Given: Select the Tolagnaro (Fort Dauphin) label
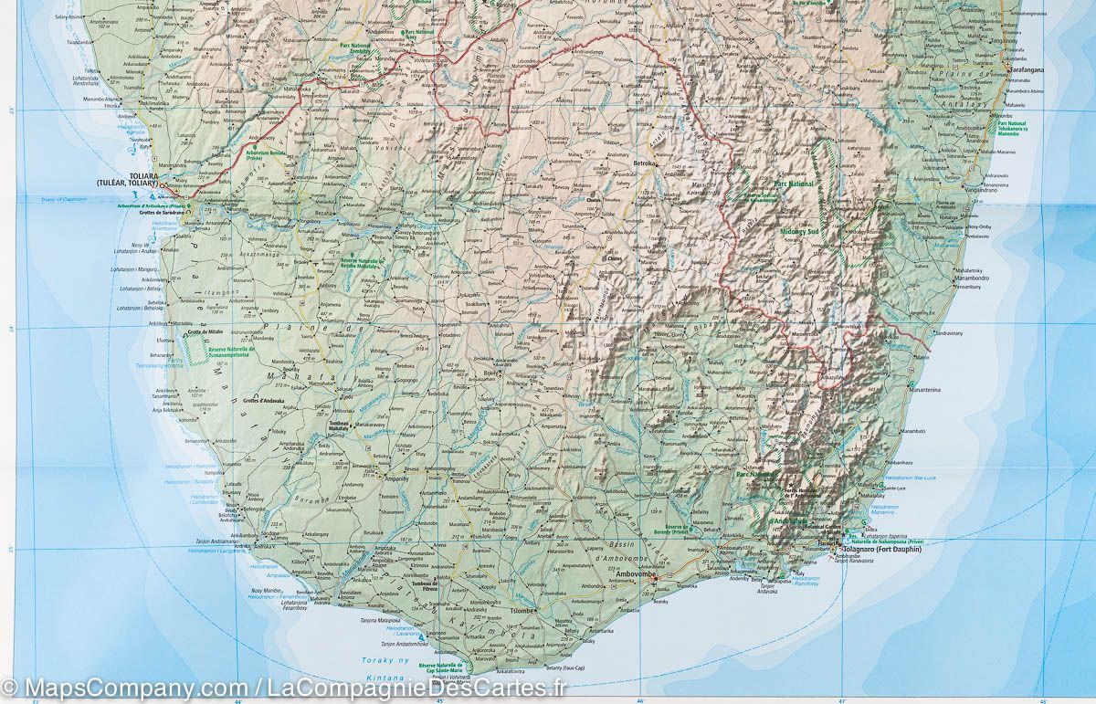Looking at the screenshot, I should click(x=885, y=550).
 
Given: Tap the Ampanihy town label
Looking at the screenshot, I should click(x=397, y=478).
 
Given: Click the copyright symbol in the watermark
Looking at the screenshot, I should click(x=9, y=687).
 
